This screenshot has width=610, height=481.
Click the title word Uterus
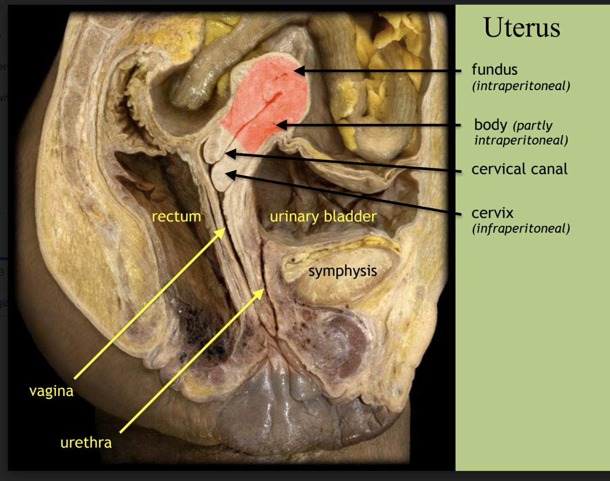pos(521,27)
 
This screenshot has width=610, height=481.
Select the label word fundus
pos(494,70)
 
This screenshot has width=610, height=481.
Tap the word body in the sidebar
pos(490,124)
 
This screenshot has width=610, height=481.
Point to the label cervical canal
pos(519,169)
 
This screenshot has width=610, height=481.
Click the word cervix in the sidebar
pos(492,213)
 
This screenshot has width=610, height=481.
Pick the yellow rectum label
pos(176,216)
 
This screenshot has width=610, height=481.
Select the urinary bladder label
pos(323,216)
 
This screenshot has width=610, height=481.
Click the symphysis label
pos(342,271)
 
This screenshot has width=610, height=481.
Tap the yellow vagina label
pos(51,391)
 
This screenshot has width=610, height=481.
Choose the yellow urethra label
pos(86,443)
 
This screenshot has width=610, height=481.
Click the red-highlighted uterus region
pos(265,101)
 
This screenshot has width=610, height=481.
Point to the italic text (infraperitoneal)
pos(521,228)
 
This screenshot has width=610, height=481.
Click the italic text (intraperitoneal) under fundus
pos(521,86)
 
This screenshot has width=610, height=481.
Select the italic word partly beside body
pos(533,125)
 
